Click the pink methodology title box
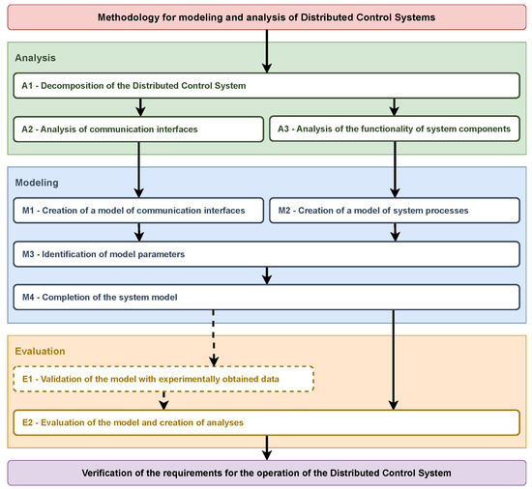click(x=265, y=18)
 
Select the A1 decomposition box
click(x=265, y=86)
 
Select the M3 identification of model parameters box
click(x=265, y=253)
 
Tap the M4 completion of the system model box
click(x=265, y=295)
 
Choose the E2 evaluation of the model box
click(x=265, y=421)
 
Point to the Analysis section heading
click(x=36, y=57)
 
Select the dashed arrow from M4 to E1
click(x=212, y=338)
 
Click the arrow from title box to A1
click(x=265, y=53)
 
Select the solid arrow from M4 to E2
click(x=393, y=358)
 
